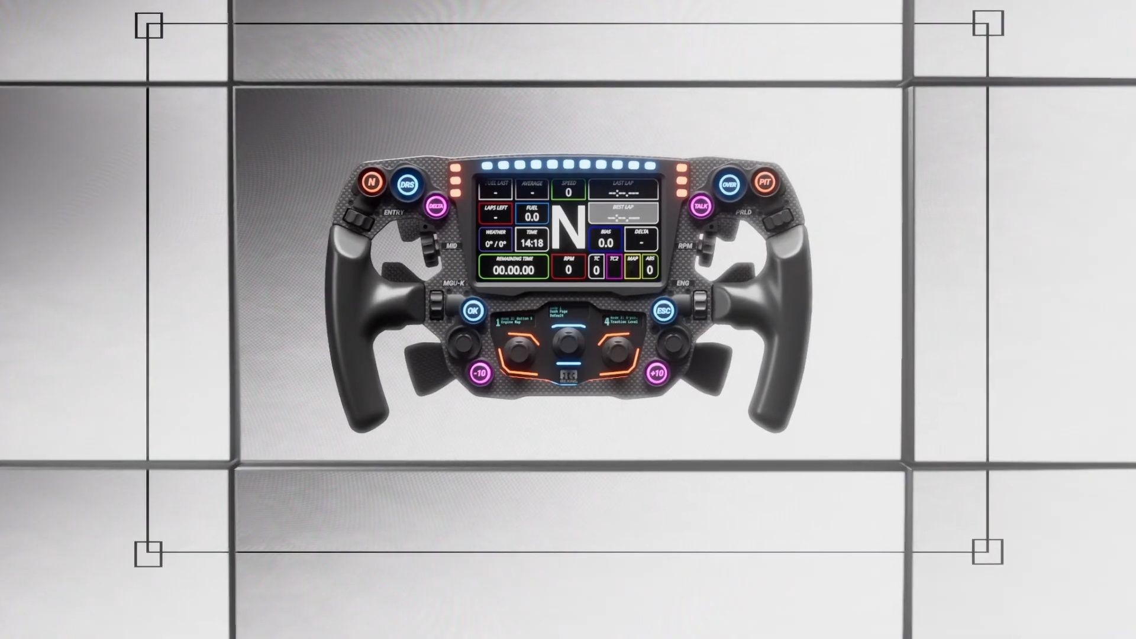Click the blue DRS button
407,185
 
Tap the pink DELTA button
436,206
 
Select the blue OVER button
729,185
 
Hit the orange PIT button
764,182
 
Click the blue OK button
473,311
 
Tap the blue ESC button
664,311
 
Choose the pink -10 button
480,373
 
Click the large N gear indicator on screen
568,228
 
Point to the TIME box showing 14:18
531,239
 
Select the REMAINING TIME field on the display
513,267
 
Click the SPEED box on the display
568,189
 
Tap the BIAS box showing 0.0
605,239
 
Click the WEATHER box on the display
495,239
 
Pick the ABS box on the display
650,267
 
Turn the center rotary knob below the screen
567,343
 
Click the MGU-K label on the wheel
454,283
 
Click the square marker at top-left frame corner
149,26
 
